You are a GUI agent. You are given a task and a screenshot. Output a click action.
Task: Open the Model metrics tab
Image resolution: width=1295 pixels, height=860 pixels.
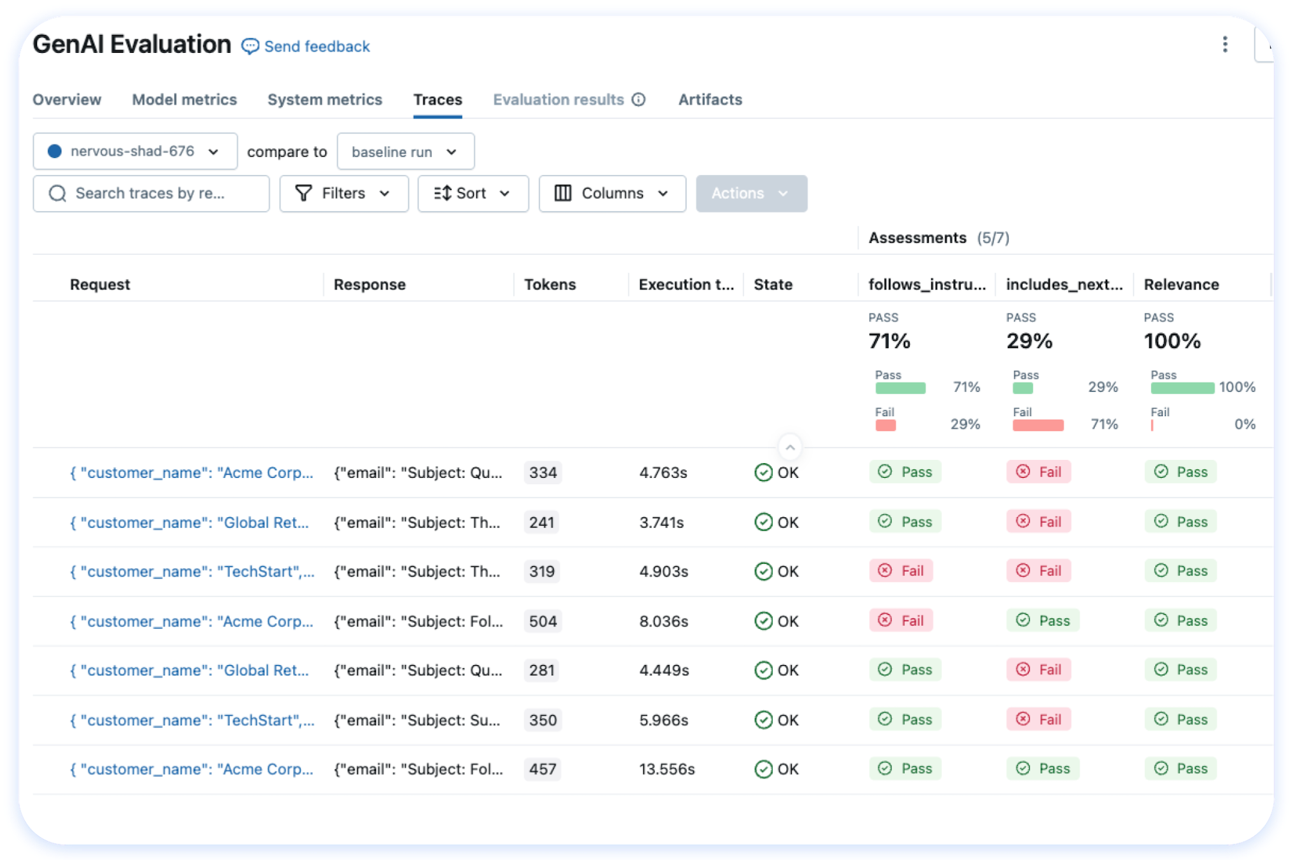pos(184,99)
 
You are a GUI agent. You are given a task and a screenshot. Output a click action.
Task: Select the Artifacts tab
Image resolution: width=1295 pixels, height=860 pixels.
pos(710,99)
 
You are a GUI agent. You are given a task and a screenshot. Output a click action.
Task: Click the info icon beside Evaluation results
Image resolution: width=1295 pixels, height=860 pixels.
pos(638,99)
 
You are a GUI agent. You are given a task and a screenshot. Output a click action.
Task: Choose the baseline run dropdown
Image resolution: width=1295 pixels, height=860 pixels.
pos(405,152)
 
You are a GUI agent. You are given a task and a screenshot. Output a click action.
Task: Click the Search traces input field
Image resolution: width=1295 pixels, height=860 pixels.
pos(151,194)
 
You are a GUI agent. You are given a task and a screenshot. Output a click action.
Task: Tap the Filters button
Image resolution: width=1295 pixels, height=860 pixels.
pos(343,194)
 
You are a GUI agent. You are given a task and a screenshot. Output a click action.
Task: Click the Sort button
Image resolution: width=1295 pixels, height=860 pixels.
pos(473,194)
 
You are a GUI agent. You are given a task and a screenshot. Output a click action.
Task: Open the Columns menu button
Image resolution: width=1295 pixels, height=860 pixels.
pos(612,194)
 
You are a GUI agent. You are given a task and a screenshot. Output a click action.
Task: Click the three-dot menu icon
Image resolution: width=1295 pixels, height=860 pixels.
pos(1224,45)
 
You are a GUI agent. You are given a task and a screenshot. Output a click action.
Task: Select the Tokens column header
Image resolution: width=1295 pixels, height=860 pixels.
pos(550,285)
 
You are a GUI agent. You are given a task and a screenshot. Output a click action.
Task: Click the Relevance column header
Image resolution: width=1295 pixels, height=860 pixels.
pos(1181,285)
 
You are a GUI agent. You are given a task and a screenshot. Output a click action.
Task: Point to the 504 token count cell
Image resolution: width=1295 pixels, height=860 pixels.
pos(543,621)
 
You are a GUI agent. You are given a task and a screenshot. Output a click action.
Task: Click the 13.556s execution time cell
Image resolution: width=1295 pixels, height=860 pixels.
pos(666,770)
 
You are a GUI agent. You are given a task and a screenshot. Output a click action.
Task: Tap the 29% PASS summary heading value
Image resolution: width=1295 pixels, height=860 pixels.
pos(1029,341)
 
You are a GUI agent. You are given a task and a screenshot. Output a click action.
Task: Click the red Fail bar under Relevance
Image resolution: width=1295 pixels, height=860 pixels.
pos(1152,426)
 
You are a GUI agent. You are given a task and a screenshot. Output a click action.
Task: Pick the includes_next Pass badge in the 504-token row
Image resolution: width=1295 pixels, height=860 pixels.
pos(1043,620)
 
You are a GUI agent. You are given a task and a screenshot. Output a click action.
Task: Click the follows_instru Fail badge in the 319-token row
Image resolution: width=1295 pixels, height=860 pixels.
pos(901,571)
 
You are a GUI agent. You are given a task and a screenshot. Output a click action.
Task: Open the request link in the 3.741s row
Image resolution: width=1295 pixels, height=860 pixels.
pos(189,523)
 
